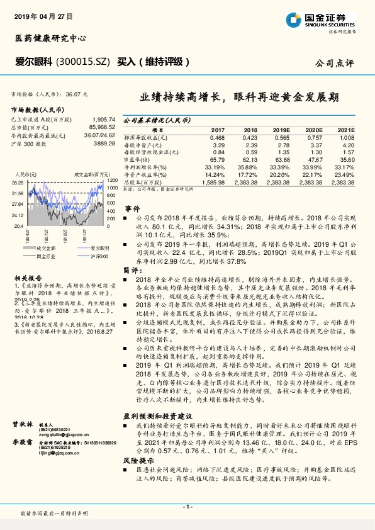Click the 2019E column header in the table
pos(280,129)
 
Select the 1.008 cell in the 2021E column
pos(347,137)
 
